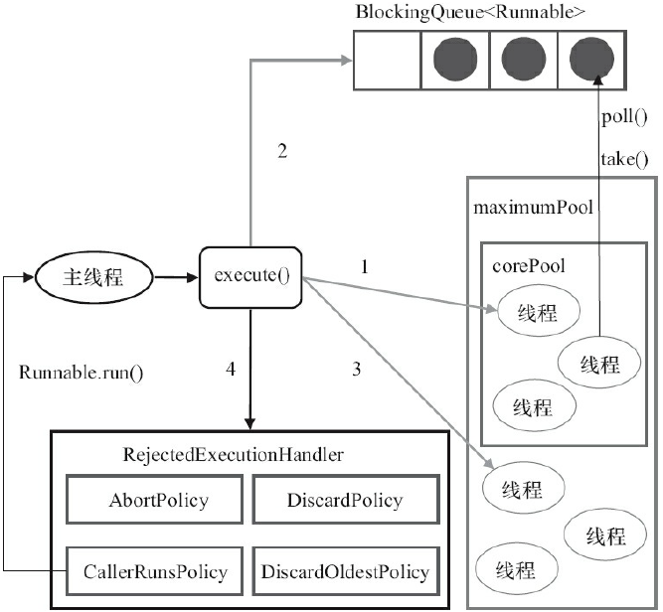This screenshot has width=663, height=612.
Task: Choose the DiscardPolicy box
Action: click(x=344, y=500)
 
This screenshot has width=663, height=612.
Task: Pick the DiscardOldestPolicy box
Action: click(x=344, y=571)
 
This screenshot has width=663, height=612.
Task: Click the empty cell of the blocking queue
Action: click(x=387, y=61)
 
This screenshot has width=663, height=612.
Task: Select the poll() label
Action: click(x=624, y=117)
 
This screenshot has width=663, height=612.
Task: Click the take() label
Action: click(x=624, y=158)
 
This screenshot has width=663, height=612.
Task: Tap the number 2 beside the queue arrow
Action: click(x=282, y=151)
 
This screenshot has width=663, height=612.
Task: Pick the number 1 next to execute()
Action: click(x=364, y=266)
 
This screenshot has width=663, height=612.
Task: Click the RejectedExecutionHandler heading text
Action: click(x=234, y=455)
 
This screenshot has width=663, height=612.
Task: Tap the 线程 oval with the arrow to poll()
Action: click(x=600, y=365)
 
